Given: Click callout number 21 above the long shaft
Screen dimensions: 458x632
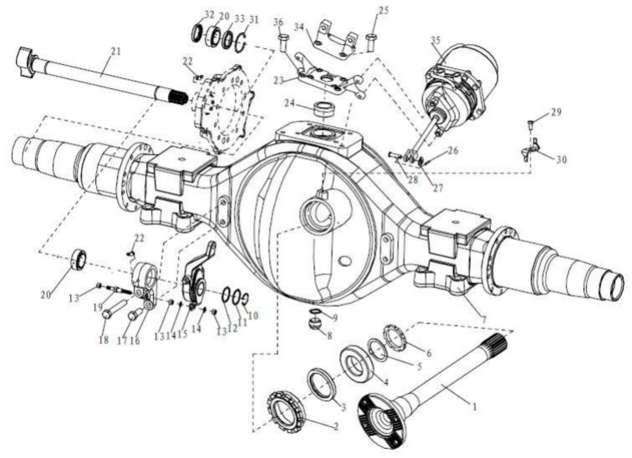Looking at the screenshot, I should click(x=115, y=51).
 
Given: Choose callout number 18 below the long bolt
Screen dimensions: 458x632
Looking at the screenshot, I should click(x=103, y=339).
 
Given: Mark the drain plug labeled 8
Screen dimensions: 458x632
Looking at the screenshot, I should click(x=313, y=325).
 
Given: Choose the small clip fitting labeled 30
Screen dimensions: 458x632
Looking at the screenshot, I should click(x=530, y=149).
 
